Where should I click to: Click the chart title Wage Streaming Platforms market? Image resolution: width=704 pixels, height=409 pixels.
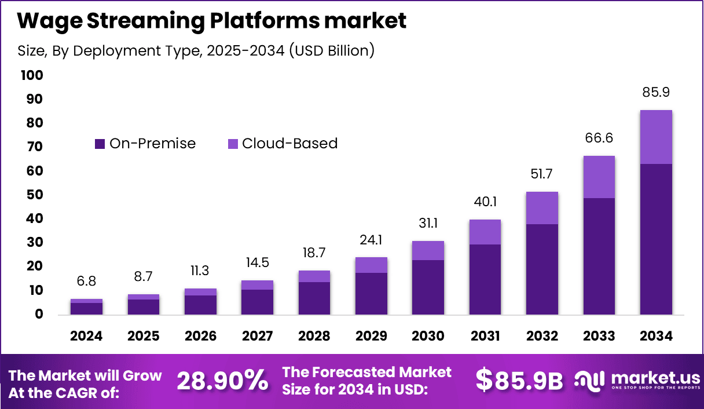212,21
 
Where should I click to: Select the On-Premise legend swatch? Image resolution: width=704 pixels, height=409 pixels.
100,144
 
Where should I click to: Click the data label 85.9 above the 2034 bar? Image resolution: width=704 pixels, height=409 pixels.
655,93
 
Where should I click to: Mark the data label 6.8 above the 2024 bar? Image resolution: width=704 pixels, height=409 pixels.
86,282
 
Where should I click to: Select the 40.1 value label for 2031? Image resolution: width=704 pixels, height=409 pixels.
485,202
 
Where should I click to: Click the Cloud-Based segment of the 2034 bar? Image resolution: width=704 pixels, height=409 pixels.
655,137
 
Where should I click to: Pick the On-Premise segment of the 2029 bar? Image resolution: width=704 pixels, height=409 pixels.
371,293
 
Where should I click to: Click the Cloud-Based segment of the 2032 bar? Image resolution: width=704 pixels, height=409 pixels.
542,208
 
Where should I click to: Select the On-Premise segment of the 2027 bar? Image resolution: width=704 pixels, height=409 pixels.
257,302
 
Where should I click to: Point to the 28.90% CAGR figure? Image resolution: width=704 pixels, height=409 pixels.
222,381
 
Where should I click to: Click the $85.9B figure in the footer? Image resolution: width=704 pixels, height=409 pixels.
519,381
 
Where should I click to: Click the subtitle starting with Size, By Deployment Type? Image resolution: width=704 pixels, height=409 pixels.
196,51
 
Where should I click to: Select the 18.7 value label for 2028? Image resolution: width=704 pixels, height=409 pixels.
314,253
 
